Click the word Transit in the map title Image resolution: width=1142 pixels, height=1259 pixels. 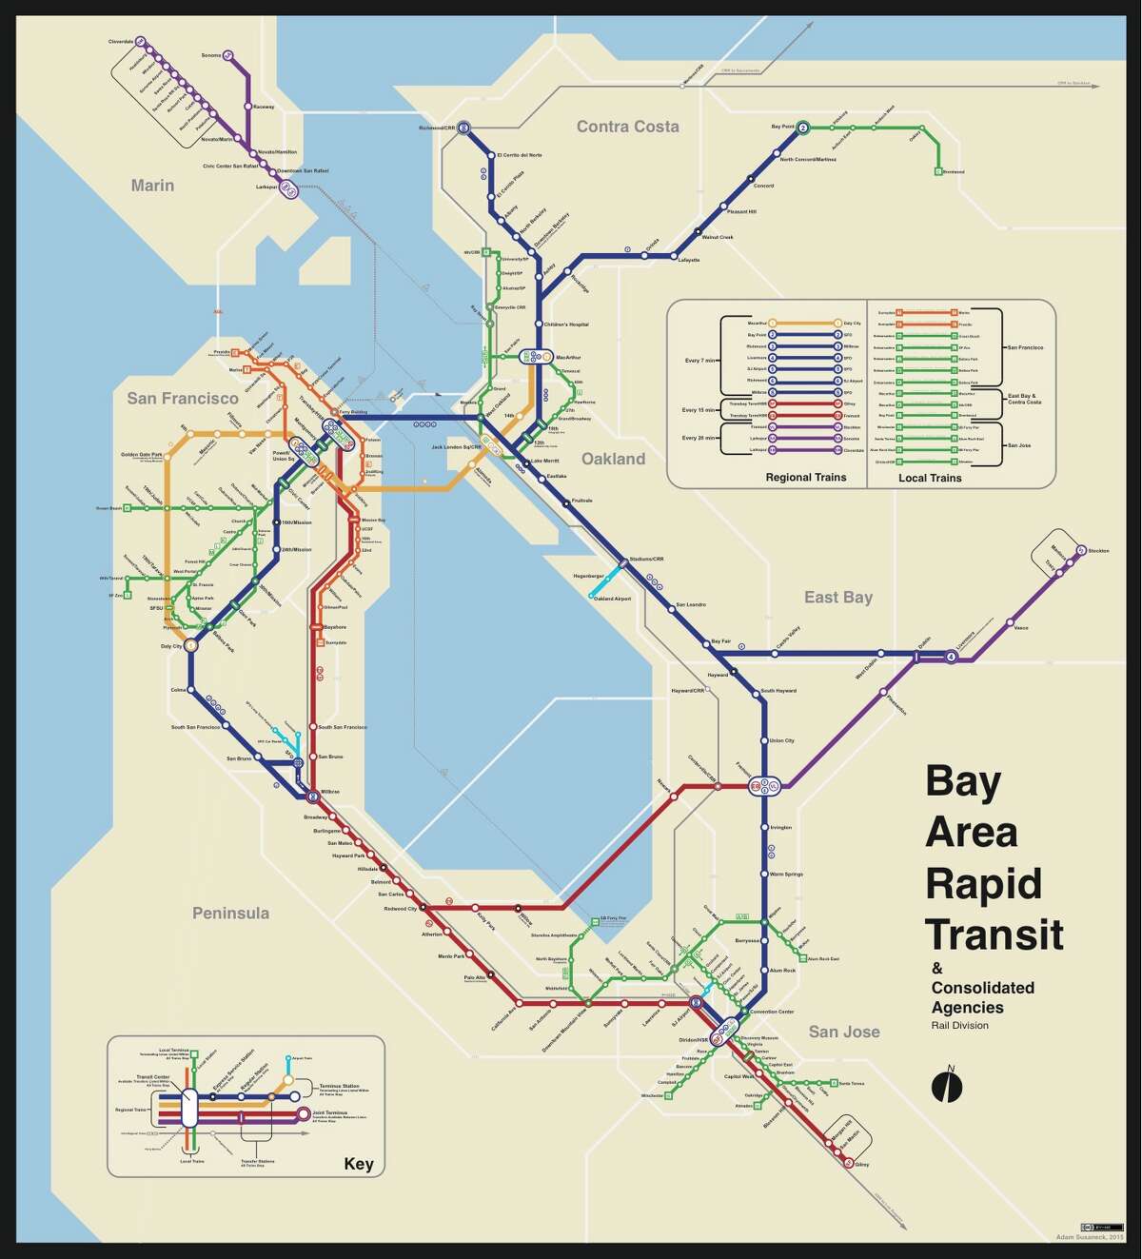click(994, 934)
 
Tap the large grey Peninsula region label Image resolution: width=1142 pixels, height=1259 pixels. click(230, 914)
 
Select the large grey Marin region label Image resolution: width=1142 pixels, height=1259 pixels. click(152, 186)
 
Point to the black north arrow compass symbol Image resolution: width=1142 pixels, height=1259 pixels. click(947, 1086)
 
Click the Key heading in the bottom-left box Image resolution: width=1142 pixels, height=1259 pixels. click(359, 1164)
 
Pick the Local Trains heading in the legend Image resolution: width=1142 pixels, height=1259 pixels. click(930, 478)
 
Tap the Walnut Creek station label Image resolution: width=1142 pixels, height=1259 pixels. click(718, 237)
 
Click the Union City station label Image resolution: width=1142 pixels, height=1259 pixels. click(781, 740)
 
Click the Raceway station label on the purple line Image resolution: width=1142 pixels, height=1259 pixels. click(264, 107)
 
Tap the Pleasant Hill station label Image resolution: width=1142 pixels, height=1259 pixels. click(741, 211)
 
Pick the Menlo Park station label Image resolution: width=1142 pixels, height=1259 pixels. click(450, 955)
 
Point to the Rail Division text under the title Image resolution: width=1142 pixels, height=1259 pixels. click(959, 1025)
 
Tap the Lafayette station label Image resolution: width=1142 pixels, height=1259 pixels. click(689, 260)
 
